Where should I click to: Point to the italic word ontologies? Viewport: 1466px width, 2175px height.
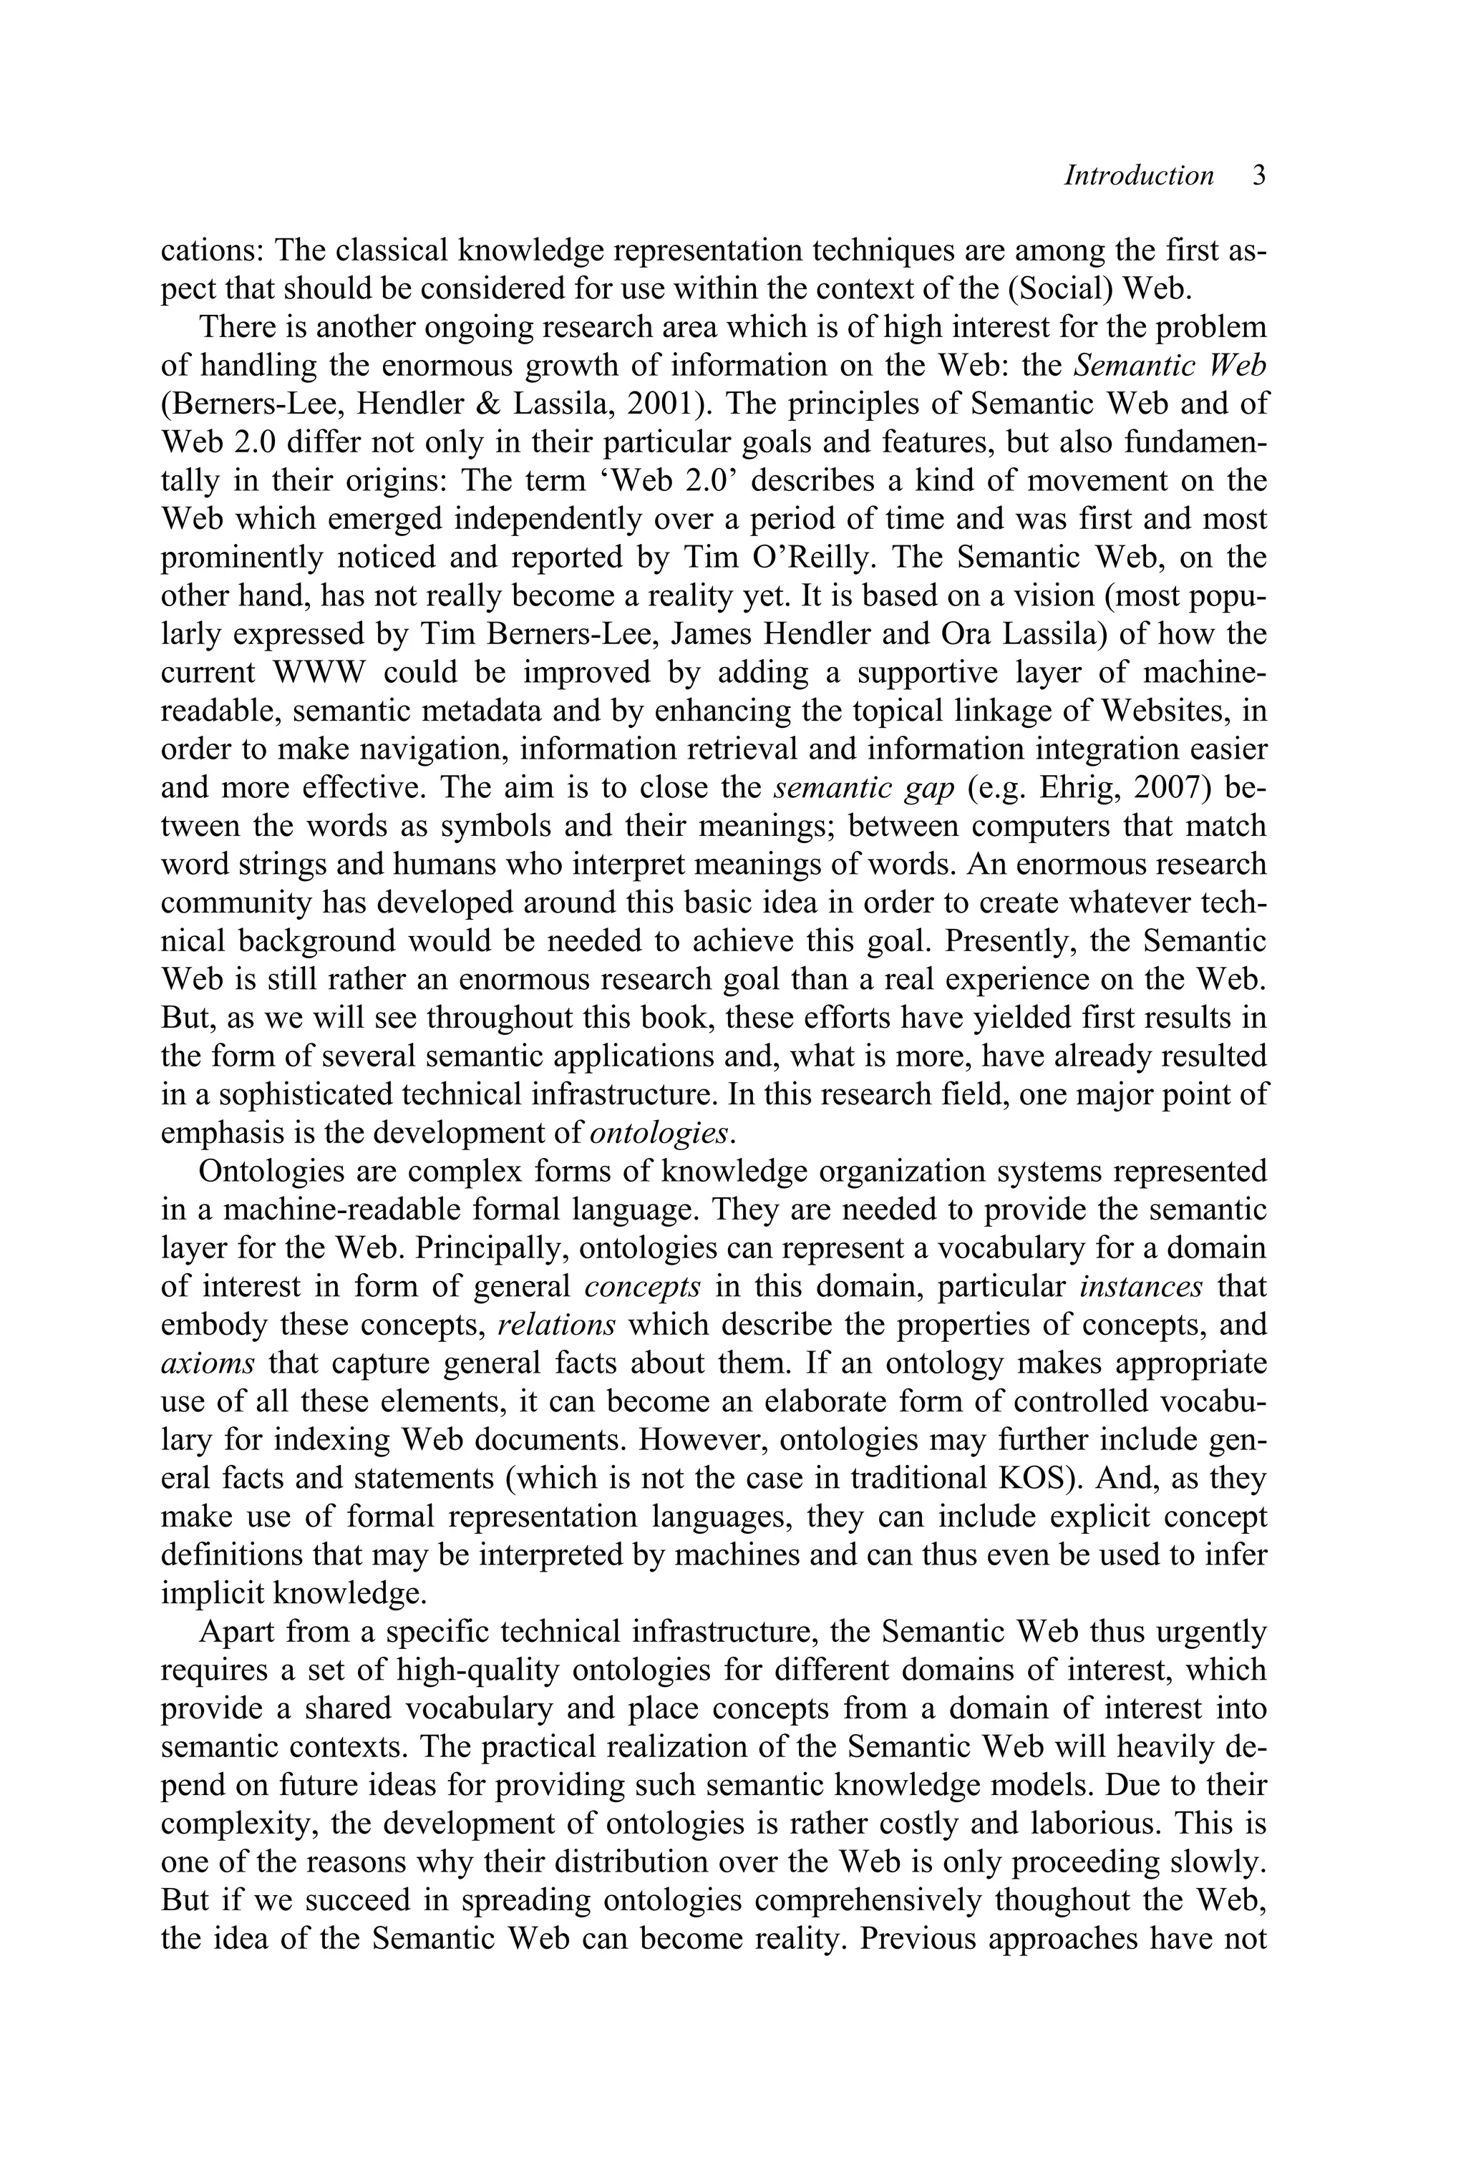[x=660, y=1133]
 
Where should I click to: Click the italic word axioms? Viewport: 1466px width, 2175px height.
[x=208, y=1363]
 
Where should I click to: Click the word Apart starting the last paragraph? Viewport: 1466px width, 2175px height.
[x=235, y=1632]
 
